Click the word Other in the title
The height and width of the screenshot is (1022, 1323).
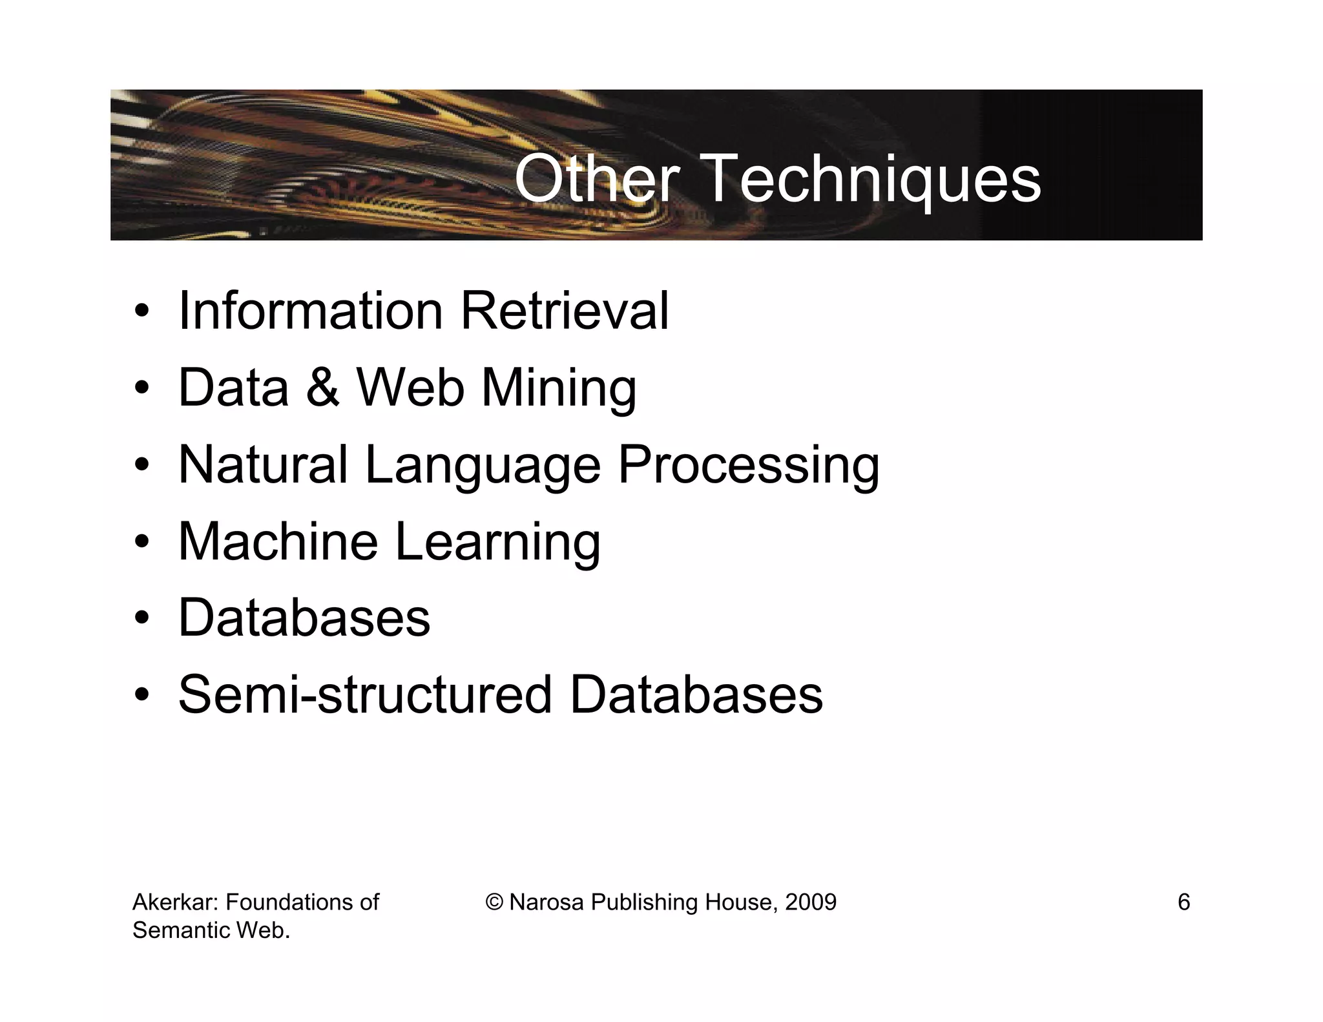point(596,179)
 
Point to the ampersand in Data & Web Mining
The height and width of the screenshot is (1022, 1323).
point(322,388)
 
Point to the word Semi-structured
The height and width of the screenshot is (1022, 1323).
point(365,695)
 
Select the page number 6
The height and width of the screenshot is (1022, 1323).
point(1183,902)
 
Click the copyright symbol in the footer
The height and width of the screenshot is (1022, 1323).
point(494,902)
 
